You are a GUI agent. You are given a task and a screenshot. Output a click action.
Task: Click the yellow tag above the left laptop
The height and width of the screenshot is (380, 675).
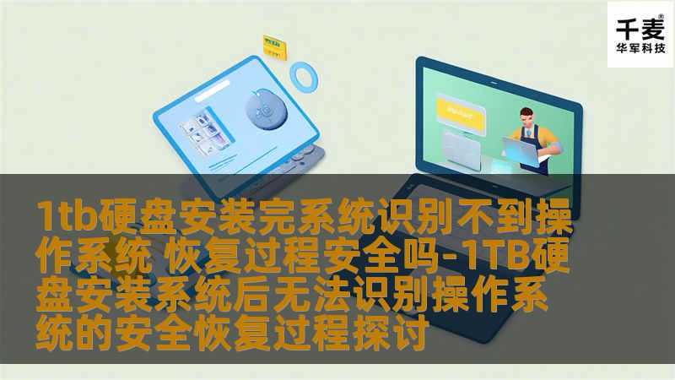tap(273, 41)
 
